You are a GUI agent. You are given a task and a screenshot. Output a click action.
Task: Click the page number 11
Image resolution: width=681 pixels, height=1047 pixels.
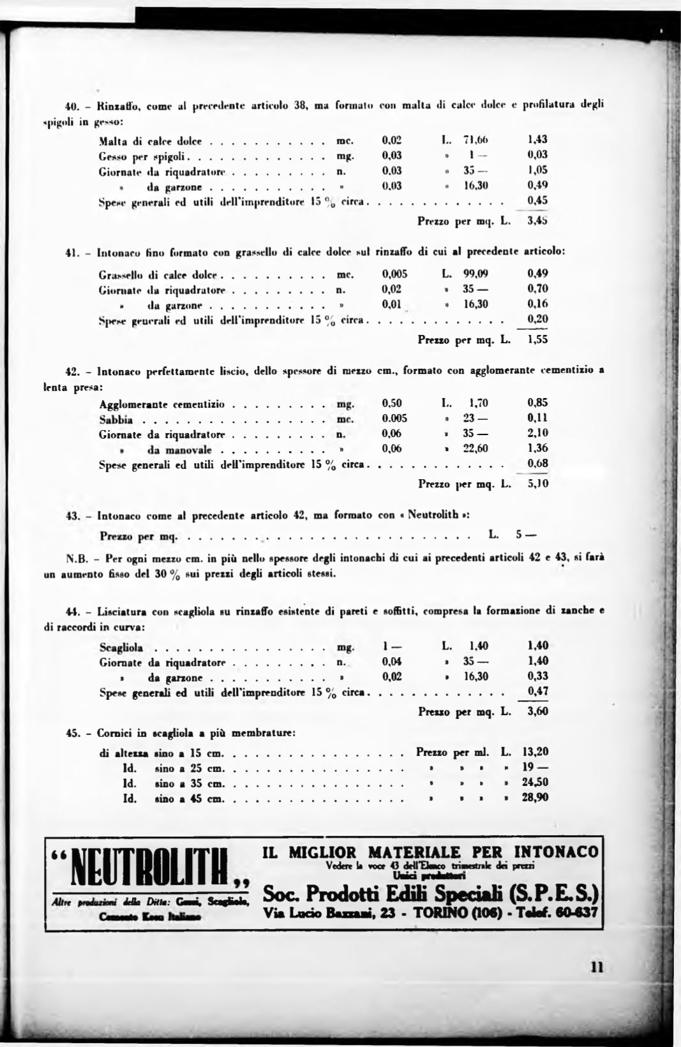coord(597,967)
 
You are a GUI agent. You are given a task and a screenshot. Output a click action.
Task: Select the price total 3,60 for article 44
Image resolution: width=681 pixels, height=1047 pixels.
coord(538,711)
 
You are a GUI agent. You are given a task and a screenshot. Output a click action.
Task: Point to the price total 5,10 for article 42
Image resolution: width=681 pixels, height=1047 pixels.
coord(538,484)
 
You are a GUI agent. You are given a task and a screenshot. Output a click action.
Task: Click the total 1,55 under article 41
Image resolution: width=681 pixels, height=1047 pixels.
coord(538,340)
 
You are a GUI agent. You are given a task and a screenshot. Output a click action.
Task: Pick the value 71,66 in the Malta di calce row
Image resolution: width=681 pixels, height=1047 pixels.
coord(475,139)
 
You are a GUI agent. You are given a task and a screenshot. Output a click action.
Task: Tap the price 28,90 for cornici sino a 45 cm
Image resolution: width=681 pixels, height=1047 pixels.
coord(535,798)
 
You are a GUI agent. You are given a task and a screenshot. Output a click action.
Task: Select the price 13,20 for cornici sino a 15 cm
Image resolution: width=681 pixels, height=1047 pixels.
coord(535,752)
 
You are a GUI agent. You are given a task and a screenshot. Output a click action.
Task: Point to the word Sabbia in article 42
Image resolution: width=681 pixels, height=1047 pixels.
coord(116,419)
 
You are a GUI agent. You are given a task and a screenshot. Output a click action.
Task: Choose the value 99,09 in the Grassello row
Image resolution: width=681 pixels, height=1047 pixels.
coord(475,274)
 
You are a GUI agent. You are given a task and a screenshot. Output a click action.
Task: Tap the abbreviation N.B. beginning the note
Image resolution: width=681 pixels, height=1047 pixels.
coord(76,558)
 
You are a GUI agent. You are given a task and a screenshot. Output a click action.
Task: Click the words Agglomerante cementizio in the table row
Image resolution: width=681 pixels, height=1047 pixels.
coord(162,404)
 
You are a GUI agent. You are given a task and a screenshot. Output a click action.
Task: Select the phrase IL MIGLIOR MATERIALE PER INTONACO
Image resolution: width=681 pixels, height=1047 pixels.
coord(431,852)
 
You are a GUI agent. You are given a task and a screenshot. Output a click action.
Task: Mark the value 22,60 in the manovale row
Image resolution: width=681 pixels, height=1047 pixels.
coord(475,449)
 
